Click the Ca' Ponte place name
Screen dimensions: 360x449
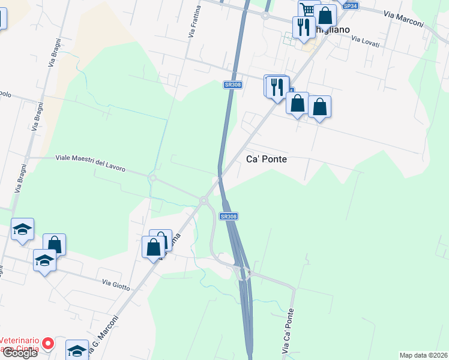[267, 159]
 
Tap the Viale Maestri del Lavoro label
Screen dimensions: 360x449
[90, 163]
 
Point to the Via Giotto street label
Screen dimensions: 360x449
[116, 284]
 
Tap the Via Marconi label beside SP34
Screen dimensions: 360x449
[403, 20]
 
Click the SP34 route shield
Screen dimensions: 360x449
[350, 5]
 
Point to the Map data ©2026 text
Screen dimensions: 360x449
[423, 355]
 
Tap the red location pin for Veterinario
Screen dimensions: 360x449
[49, 344]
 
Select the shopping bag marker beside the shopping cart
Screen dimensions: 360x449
[326, 15]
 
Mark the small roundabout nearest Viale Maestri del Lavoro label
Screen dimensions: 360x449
[153, 178]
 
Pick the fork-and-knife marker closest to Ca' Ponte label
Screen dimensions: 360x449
[277, 87]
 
